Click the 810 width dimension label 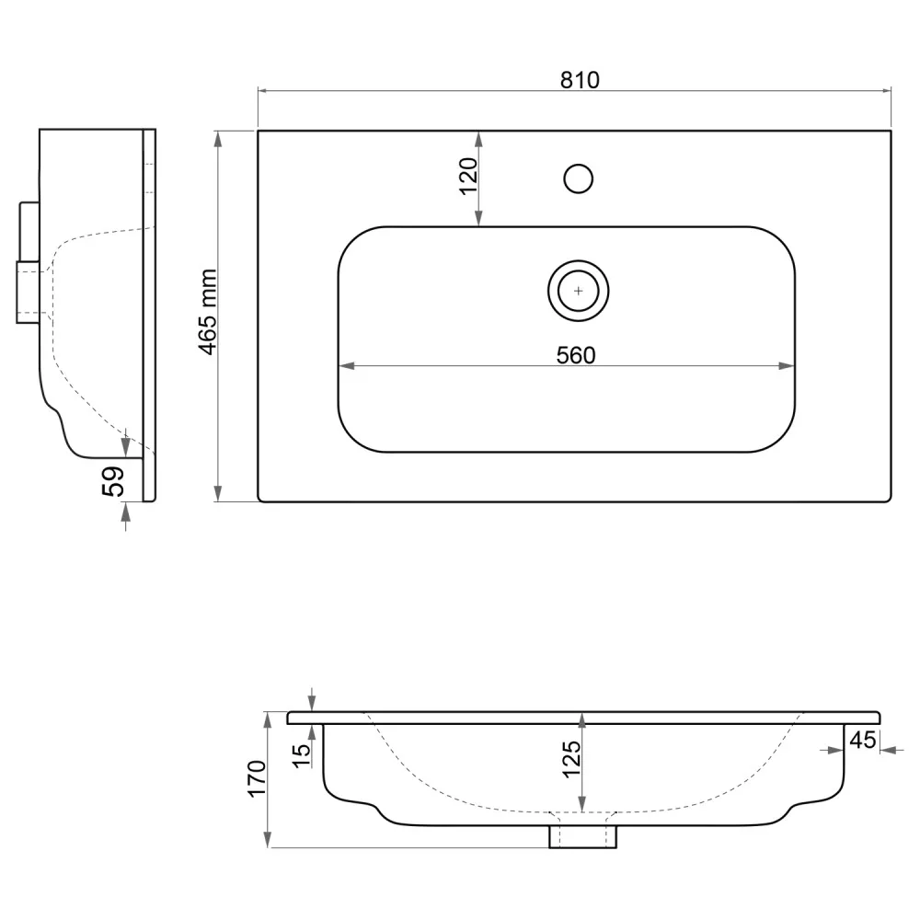580,80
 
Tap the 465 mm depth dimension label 209,312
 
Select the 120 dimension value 468,176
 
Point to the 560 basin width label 576,355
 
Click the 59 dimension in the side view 113,481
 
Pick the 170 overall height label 257,778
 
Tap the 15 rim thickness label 301,755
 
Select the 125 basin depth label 571,759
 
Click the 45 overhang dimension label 863,740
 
